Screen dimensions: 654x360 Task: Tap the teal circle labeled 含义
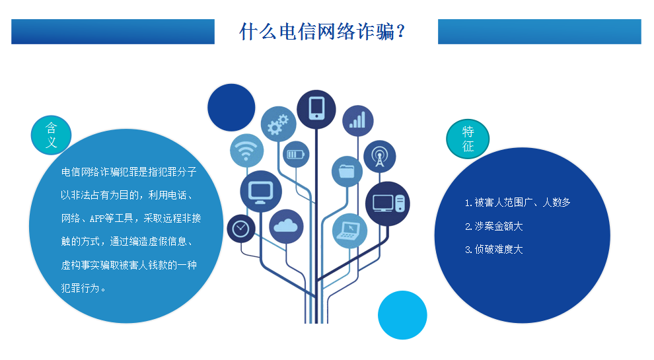pyautogui.click(x=52, y=135)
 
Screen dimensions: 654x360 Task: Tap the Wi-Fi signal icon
pyautogui.click(x=247, y=150)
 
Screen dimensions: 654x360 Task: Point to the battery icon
pyautogui.click(x=295, y=155)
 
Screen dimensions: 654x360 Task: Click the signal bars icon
pyautogui.click(x=357, y=120)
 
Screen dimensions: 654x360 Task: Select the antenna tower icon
pyautogui.click(x=379, y=157)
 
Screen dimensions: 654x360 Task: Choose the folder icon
pyautogui.click(x=347, y=172)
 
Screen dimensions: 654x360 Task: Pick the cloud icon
pyautogui.click(x=286, y=226)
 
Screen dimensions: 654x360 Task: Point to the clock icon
pyautogui.click(x=241, y=228)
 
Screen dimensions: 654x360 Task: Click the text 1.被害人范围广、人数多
pyautogui.click(x=517, y=202)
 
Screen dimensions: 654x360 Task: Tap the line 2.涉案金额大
pyautogui.click(x=493, y=226)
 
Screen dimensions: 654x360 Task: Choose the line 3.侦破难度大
pyautogui.click(x=493, y=249)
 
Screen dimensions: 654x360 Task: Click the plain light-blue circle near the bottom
pyautogui.click(x=402, y=315)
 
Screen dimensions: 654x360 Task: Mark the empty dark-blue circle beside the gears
pyautogui.click(x=231, y=108)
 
